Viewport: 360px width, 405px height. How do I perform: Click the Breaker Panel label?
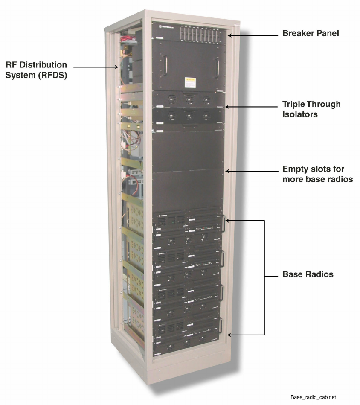(x=311, y=33)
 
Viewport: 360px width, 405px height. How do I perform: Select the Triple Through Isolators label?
(x=311, y=109)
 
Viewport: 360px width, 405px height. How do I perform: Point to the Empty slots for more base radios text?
(x=317, y=174)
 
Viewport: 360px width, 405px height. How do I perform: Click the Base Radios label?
(x=308, y=274)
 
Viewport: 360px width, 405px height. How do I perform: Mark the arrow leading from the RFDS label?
(x=96, y=67)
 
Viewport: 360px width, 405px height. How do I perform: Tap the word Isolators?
(x=300, y=114)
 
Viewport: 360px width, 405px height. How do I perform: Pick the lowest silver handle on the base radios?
(x=221, y=325)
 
